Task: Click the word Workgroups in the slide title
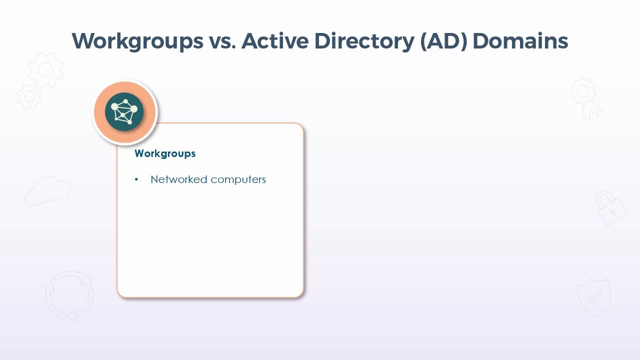[137, 41]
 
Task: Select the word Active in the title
[275, 41]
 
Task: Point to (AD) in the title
[443, 41]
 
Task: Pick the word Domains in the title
[520, 41]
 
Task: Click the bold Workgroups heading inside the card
[165, 154]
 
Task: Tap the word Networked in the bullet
[179, 179]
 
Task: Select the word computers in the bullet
[238, 180]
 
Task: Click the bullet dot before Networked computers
[136, 179]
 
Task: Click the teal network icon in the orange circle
[124, 111]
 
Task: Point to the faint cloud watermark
[47, 191]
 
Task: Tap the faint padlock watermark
[611, 208]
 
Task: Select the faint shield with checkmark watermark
[593, 298]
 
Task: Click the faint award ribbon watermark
[585, 98]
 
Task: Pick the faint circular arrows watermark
[69, 296]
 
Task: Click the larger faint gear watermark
[46, 69]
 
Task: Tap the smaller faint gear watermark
[29, 96]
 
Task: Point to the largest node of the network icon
[133, 109]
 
